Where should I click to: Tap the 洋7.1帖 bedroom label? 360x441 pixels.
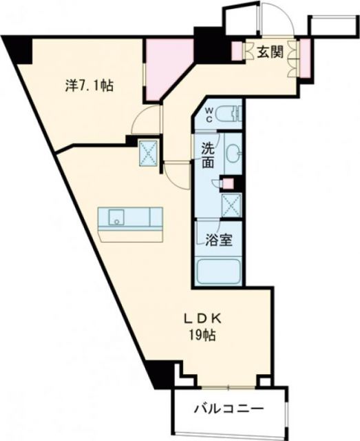click(x=89, y=86)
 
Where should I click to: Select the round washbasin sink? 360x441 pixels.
click(x=233, y=153)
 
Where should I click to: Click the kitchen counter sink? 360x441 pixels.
click(x=116, y=221)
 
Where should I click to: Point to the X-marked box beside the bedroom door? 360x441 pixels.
click(x=147, y=153)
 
